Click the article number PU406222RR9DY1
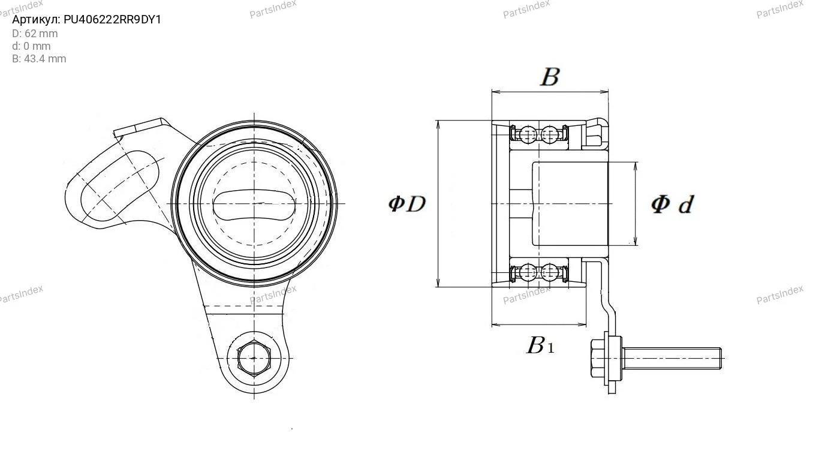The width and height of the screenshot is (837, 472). pyautogui.click(x=112, y=19)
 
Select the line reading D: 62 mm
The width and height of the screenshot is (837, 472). pyautogui.click(x=35, y=34)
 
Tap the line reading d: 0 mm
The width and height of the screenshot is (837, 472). pyautogui.click(x=31, y=46)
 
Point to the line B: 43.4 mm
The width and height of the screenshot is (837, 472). pyautogui.click(x=39, y=59)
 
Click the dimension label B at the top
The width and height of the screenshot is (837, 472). pyautogui.click(x=550, y=77)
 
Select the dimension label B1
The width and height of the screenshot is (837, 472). pyautogui.click(x=540, y=345)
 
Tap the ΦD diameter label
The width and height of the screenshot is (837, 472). pyautogui.click(x=407, y=204)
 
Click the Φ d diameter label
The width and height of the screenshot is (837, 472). pyautogui.click(x=672, y=205)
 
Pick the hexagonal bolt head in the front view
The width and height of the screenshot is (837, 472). pyautogui.click(x=254, y=359)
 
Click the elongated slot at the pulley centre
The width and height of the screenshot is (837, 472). pyautogui.click(x=254, y=205)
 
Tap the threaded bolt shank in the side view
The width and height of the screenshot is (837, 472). pyautogui.click(x=672, y=359)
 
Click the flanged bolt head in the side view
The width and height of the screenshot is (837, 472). pyautogui.click(x=606, y=359)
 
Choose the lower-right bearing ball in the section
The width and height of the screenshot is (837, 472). pyautogui.click(x=549, y=272)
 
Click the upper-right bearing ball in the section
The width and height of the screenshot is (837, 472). pyautogui.click(x=549, y=134)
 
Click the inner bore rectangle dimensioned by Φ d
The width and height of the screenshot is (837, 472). pyautogui.click(x=570, y=204)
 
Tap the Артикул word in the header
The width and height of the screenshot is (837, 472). pyautogui.click(x=36, y=20)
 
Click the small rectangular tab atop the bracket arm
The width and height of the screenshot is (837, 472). pyautogui.click(x=139, y=127)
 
